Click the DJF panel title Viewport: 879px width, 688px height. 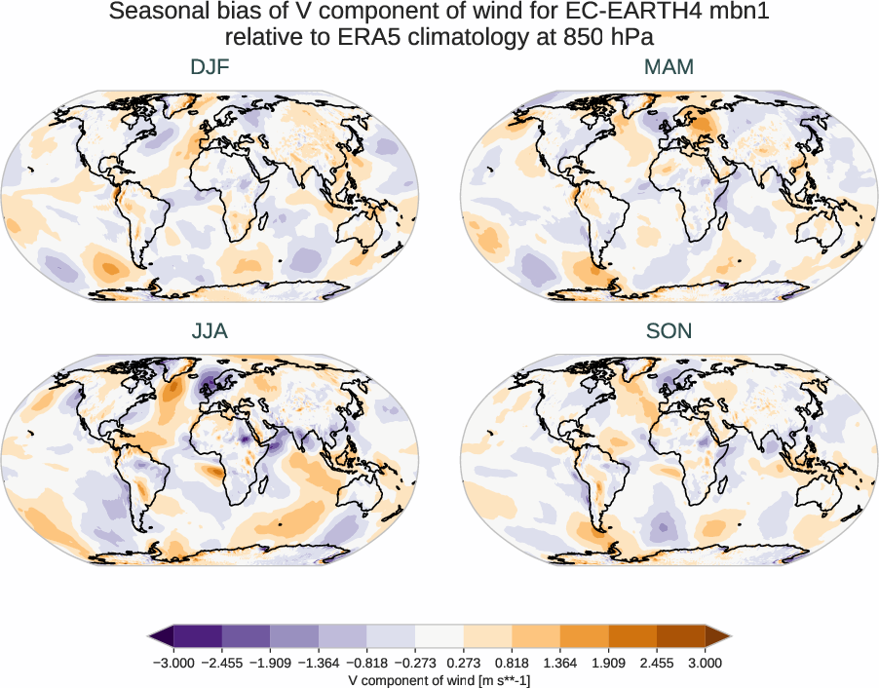click(210, 67)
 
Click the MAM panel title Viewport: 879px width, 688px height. click(669, 67)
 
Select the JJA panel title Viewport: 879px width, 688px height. click(210, 331)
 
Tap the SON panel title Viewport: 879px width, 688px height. click(669, 331)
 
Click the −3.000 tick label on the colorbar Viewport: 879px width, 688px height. click(174, 663)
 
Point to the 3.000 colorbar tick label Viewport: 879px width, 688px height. click(705, 663)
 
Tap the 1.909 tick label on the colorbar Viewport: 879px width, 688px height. click(608, 663)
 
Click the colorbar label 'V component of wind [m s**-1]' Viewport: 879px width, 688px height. click(439, 680)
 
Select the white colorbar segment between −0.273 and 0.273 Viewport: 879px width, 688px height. click(439, 637)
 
